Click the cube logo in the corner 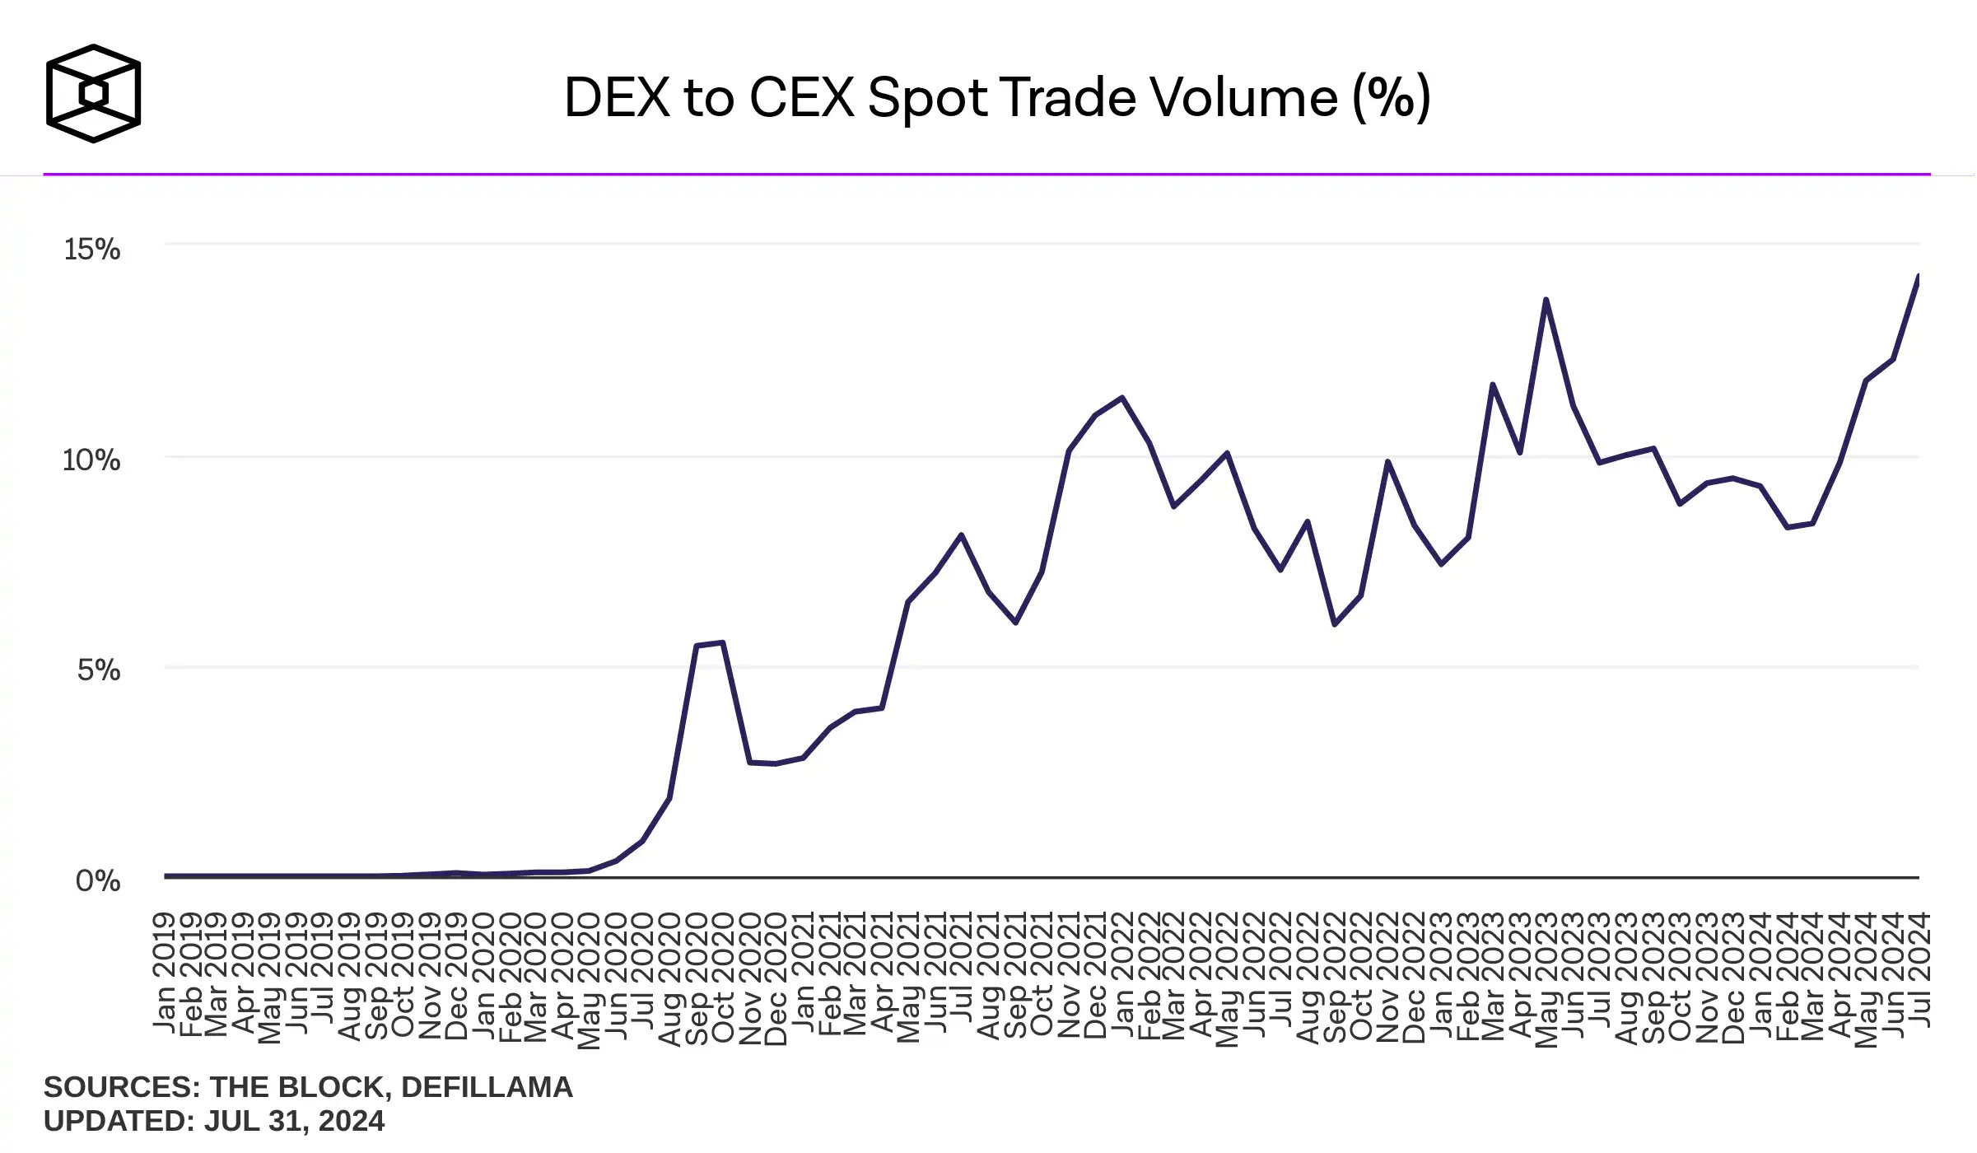[x=93, y=93]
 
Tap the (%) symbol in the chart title [x=1391, y=97]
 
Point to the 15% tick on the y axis [x=91, y=249]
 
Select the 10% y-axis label [x=91, y=460]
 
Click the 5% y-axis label [x=98, y=670]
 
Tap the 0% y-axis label [x=97, y=880]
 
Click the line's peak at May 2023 [x=1546, y=301]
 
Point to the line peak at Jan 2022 [x=1122, y=399]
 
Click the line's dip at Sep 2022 [x=1335, y=624]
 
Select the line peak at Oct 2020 [x=722, y=642]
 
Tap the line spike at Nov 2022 [x=1387, y=462]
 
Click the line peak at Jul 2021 [x=961, y=535]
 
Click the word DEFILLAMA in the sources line [x=486, y=1087]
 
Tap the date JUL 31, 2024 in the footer [x=294, y=1121]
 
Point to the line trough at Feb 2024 [x=1787, y=527]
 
